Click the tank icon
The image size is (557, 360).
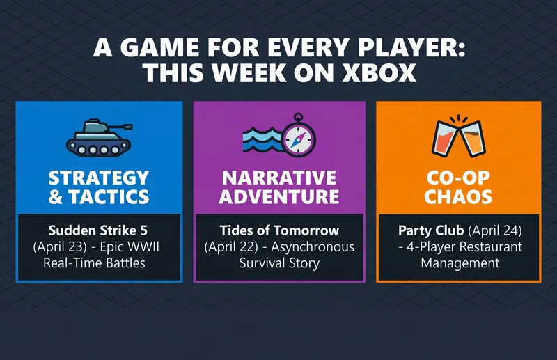pos(98,135)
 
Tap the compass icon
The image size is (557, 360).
pos(299,134)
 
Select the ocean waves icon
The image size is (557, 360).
pos(261,140)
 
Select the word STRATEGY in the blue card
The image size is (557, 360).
pos(99,177)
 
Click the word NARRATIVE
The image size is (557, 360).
pos(278,177)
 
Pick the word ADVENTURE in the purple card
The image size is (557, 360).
pos(278,197)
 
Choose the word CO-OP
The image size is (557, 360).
pos(459,177)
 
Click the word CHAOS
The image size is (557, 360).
pos(459,197)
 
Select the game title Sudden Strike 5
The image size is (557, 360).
pos(99,230)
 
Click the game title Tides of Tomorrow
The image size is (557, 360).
pos(278,230)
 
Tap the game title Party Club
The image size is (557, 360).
pos(430,230)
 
